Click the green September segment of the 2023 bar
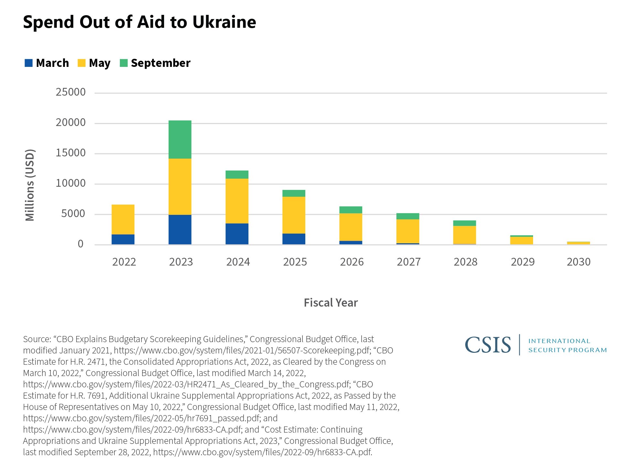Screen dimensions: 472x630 [180, 139]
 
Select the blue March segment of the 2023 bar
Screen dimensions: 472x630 [180, 229]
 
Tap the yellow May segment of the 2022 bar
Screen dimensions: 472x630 [123, 219]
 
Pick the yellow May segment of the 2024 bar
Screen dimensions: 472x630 [237, 201]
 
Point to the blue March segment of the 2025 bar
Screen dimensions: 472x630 [294, 239]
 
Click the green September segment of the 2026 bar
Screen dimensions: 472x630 [351, 210]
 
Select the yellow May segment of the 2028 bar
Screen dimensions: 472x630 [464, 235]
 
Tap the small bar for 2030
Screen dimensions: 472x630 [578, 243]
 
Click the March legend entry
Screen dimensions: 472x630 [52, 63]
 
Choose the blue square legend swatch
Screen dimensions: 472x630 [29, 63]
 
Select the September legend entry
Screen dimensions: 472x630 [161, 63]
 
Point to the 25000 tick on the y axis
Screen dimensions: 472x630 [71, 92]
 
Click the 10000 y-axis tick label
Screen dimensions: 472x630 [71, 184]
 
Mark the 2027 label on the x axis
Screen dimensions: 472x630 [409, 262]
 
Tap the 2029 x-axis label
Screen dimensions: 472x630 [522, 262]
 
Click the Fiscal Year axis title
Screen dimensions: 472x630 [331, 303]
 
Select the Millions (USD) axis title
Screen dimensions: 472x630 [30, 185]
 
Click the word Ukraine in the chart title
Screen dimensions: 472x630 [224, 22]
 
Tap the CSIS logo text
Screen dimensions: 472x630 [488, 345]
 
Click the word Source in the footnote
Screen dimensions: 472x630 [36, 339]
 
